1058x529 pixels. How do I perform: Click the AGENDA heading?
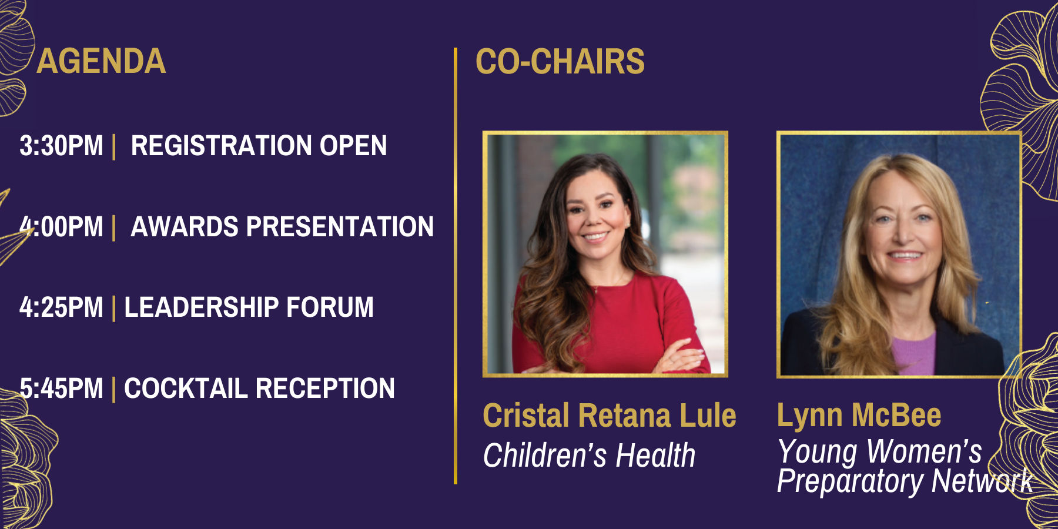[x=101, y=61]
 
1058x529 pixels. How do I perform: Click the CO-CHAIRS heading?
[x=560, y=61]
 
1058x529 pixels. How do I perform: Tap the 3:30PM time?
[x=61, y=146]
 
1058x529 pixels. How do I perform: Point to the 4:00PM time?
[x=61, y=227]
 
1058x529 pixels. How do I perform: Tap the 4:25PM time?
[x=61, y=307]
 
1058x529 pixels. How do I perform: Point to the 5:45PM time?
[x=61, y=389]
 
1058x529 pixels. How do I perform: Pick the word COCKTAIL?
[x=186, y=389]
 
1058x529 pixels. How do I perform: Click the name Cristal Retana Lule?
[x=610, y=416]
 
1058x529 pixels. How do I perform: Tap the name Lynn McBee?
[x=859, y=416]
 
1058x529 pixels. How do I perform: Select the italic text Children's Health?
[x=589, y=456]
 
